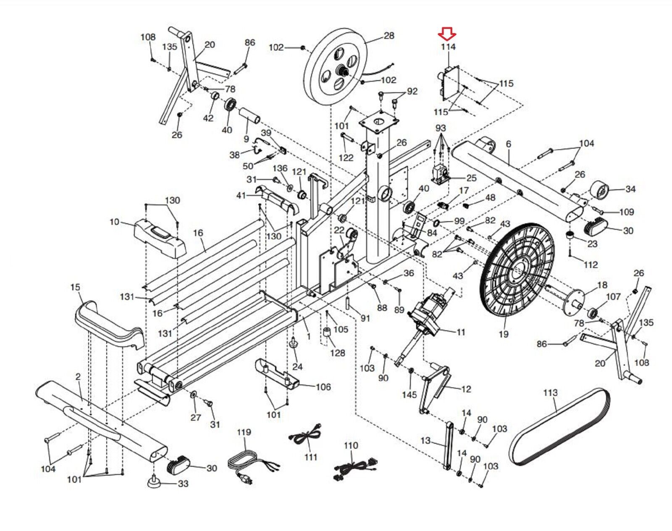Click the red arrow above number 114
tap(447, 34)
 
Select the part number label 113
tap(550, 393)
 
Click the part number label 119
tap(244, 432)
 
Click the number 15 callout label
tap(75, 288)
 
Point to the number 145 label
tap(409, 395)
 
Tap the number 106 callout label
tap(323, 387)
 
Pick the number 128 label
tap(338, 353)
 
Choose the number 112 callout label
tap(591, 265)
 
